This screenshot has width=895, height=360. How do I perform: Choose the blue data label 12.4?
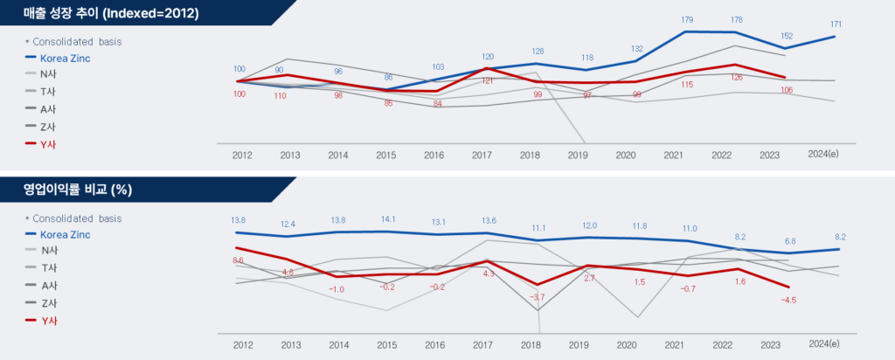(289, 225)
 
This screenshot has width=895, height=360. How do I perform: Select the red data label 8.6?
(238, 260)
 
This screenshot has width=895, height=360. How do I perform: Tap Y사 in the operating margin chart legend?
(49, 321)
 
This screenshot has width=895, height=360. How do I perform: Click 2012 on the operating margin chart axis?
(242, 345)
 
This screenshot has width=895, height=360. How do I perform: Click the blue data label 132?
(636, 49)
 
